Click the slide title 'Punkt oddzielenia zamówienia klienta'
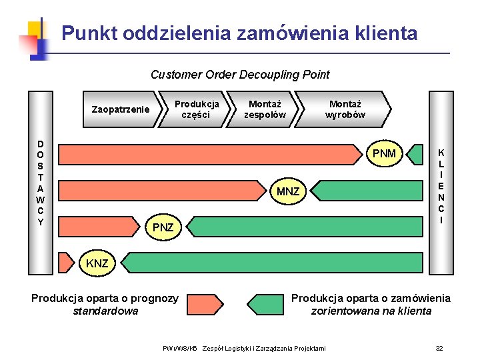(239, 33)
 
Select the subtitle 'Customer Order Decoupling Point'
(240, 75)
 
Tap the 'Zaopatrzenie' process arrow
(121, 109)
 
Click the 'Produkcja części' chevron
(196, 109)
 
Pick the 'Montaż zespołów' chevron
(264, 109)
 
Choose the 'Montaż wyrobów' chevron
(344, 109)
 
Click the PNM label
(384, 154)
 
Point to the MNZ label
(289, 192)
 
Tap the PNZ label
(163, 227)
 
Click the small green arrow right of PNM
(416, 154)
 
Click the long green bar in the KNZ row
(273, 263)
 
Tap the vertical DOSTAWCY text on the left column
(41, 183)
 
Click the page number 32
(439, 348)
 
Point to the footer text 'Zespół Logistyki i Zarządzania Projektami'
(264, 349)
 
